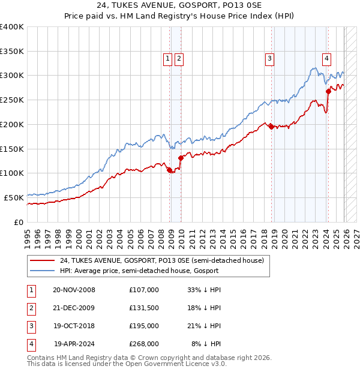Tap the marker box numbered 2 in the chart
pos(179,58)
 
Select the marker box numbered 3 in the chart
pos(270,58)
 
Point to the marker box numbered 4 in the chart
pos(326,58)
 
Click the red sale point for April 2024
pos(328,91)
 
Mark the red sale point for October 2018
pos(271,127)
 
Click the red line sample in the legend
pos(41,260)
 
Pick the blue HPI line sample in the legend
pos(41,271)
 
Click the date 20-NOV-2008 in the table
pos(74,290)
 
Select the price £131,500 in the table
pos(144,308)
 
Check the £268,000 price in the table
pos(144,344)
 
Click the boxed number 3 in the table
pos(29,326)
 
